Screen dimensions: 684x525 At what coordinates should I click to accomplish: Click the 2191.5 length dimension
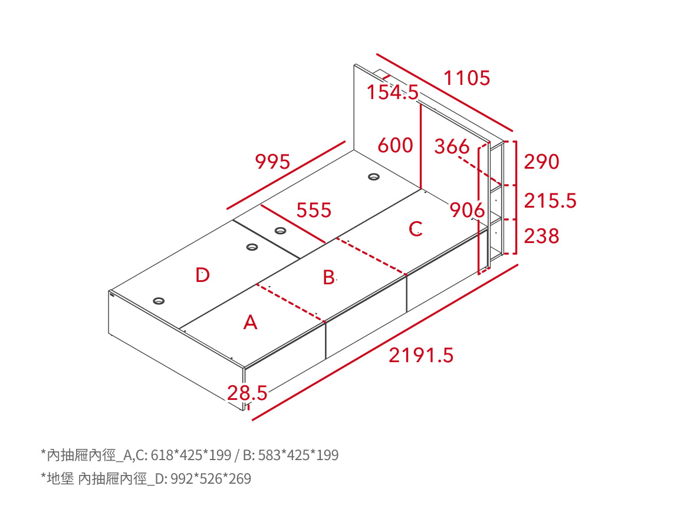point(421,355)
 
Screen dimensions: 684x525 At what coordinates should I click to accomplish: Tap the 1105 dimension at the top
point(467,78)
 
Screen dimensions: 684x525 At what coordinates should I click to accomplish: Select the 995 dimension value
point(272,162)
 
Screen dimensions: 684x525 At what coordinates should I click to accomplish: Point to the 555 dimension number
point(314,210)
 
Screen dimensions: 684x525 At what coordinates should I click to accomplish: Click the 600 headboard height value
point(395,145)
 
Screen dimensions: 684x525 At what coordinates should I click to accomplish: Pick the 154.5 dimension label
point(393,92)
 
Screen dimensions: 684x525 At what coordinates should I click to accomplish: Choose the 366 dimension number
point(452,147)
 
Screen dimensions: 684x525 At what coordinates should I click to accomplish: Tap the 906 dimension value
point(467,210)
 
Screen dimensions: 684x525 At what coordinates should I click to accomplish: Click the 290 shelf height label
point(541,162)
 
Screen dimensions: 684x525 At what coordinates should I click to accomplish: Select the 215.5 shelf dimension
point(550,201)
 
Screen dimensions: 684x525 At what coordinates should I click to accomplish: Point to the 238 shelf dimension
point(541,236)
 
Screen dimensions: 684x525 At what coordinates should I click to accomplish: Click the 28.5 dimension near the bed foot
point(247,393)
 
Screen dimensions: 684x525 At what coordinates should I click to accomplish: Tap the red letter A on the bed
point(251,323)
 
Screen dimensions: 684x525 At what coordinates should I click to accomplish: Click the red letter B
point(329,278)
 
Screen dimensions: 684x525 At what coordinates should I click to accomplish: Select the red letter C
point(416,229)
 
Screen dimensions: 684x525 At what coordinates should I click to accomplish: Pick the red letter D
point(202,275)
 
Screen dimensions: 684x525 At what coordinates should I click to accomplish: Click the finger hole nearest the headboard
point(374,177)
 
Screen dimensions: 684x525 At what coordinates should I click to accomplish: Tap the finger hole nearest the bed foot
point(159,301)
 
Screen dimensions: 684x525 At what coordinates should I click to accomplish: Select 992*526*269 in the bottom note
point(211,479)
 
